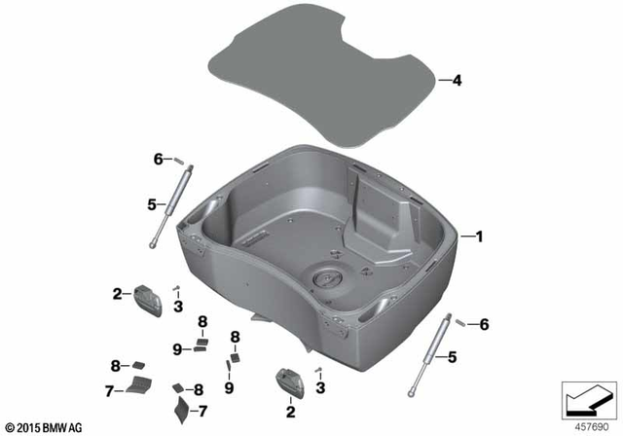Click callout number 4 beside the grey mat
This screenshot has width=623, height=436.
pyautogui.click(x=456, y=82)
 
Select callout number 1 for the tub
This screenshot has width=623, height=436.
pyautogui.click(x=477, y=236)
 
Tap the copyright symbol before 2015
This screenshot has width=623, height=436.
pyautogui.click(x=11, y=427)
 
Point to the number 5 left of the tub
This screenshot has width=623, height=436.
pyautogui.click(x=151, y=204)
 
